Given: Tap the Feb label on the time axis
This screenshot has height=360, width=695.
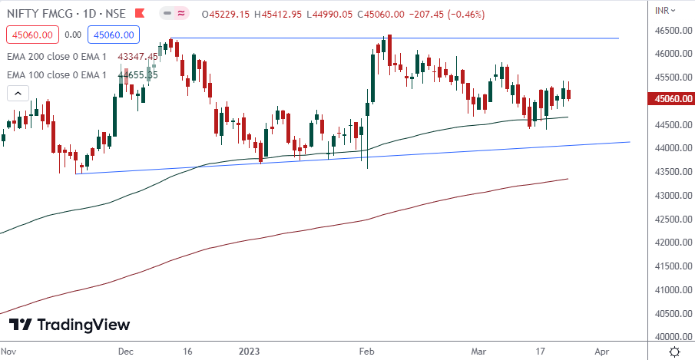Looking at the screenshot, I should [x=366, y=352].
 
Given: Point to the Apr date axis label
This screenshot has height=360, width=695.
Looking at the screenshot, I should [x=601, y=352].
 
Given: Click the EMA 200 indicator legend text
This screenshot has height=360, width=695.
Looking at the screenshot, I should [x=56, y=57].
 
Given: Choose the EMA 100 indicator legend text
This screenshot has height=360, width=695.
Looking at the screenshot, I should [x=56, y=74].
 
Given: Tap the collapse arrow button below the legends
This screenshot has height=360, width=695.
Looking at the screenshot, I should [x=18, y=93].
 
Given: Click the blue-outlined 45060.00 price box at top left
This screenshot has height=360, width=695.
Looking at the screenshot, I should [x=114, y=35].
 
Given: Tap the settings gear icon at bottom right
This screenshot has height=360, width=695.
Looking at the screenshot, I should [x=673, y=352].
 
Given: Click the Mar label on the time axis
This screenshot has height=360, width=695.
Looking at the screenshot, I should [x=478, y=352].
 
